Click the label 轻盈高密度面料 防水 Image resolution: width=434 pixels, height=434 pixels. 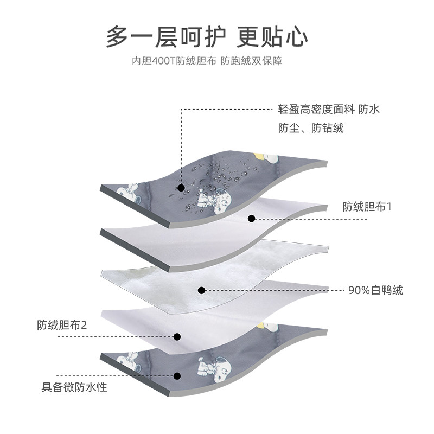coord(329,110)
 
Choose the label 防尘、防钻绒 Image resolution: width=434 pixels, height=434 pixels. coord(311,129)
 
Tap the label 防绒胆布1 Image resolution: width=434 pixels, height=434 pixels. coord(367,207)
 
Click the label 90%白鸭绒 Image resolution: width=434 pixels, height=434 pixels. coord(376,290)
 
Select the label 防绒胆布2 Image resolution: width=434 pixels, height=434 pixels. coord(62,325)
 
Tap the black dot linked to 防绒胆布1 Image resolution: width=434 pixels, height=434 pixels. coord(251,219)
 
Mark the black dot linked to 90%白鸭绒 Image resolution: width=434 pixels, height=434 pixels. coord(201,290)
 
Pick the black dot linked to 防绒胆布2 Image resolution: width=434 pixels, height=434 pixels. coord(177,336)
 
